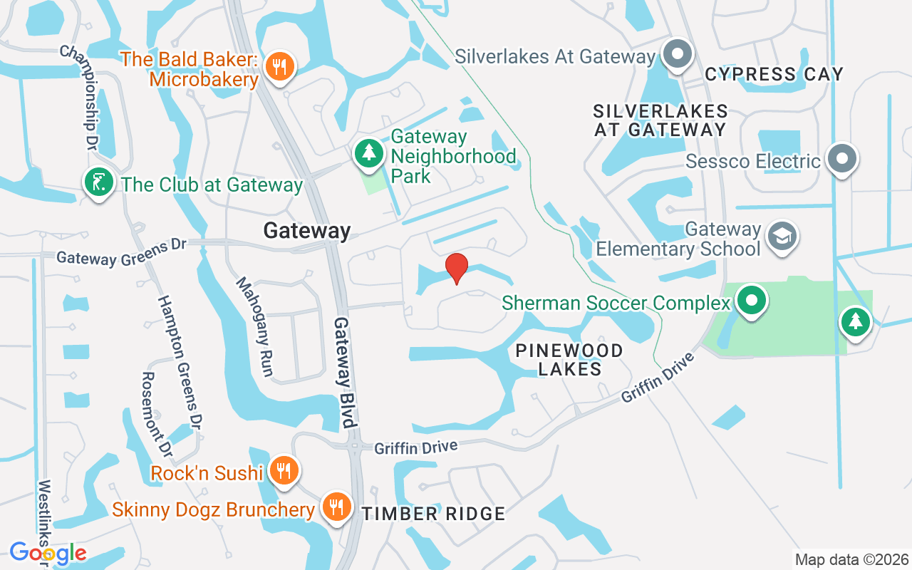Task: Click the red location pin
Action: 456,269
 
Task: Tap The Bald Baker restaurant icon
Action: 280,67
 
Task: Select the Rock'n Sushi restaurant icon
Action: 284,471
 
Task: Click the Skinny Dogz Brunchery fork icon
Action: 335,507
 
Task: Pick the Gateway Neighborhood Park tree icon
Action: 368,153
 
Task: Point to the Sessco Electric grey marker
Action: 842,158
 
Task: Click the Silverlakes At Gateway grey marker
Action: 677,54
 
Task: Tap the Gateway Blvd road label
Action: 344,372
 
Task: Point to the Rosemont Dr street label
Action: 157,414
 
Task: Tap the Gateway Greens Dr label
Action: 121,252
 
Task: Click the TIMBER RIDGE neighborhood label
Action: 433,514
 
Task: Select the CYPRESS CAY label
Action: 774,74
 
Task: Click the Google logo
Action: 48,553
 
